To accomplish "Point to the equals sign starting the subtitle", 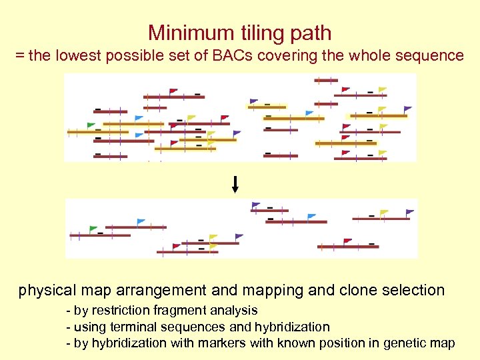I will tap(20, 56).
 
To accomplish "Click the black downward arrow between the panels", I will tap(235, 184).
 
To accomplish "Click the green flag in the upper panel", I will tap(91, 125).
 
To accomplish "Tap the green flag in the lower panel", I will tap(93, 229).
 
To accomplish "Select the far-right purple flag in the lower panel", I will tap(410, 213).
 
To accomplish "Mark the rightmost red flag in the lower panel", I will tap(347, 241).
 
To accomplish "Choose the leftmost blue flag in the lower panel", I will tap(141, 222).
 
